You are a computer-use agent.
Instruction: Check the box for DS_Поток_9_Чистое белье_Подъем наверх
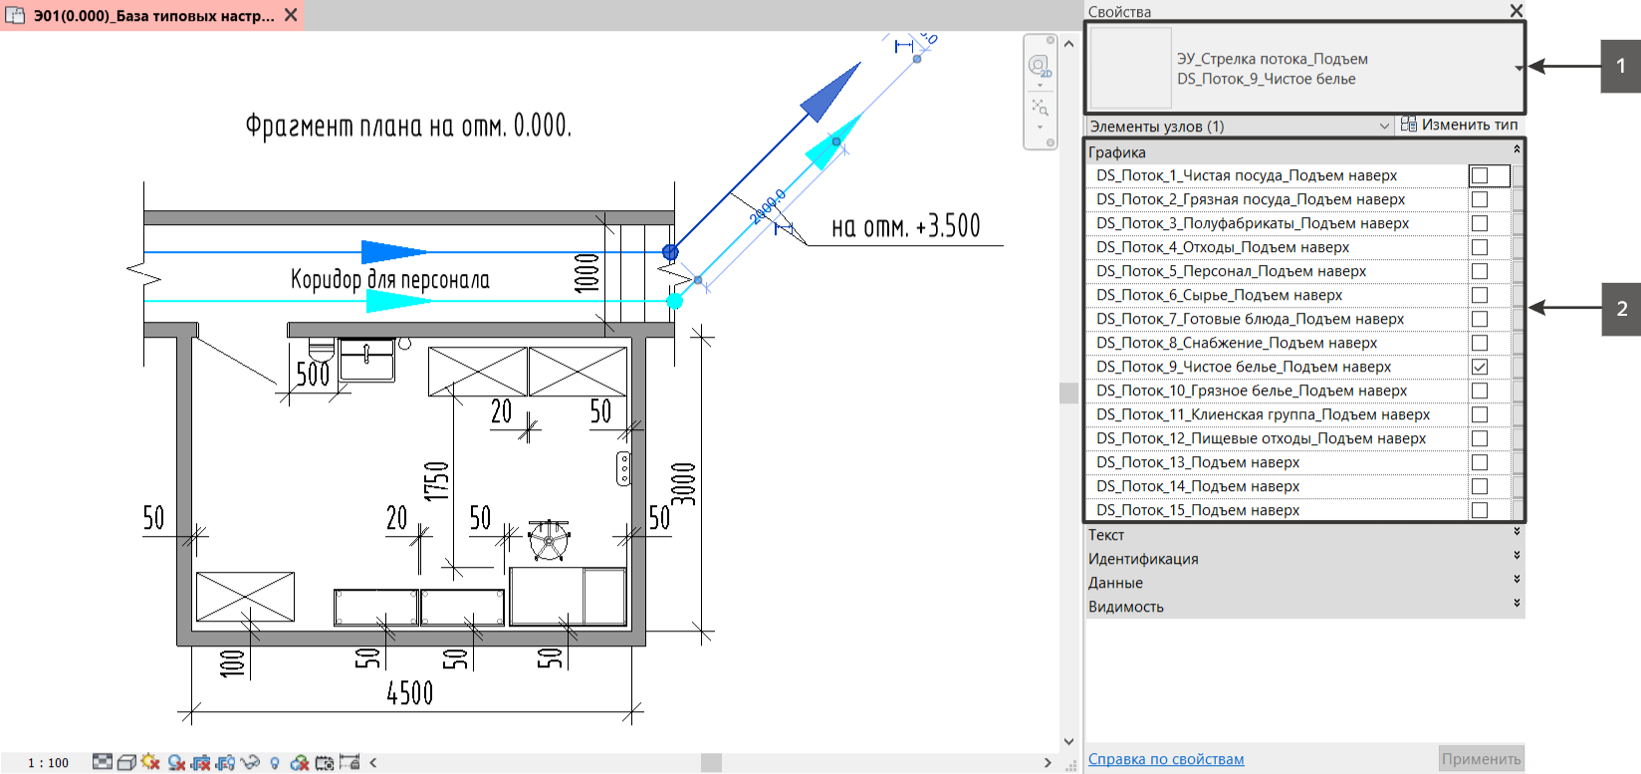click(x=1479, y=367)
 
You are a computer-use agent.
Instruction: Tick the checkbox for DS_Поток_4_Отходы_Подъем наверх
click(x=1479, y=247)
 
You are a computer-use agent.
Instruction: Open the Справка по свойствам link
click(x=1166, y=759)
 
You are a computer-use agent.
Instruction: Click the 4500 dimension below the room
click(x=409, y=692)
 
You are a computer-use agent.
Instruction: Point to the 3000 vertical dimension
click(x=683, y=484)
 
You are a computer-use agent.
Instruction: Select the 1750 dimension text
click(x=436, y=481)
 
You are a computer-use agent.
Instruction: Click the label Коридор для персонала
click(x=389, y=279)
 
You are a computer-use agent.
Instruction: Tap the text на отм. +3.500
click(x=905, y=226)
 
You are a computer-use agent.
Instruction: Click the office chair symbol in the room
click(x=549, y=540)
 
